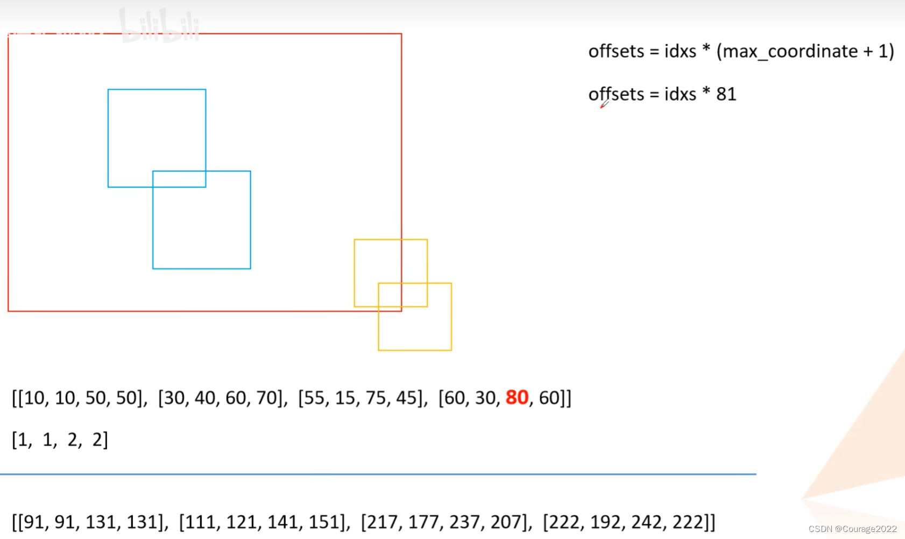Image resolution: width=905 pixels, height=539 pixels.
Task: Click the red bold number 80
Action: (x=517, y=397)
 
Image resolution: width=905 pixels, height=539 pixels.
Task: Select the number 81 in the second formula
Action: (x=726, y=94)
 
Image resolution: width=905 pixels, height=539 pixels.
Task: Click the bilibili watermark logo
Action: (x=159, y=25)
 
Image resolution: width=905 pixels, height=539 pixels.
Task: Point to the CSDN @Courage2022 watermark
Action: (x=852, y=529)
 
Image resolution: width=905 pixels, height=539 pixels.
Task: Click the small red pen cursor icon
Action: (x=604, y=104)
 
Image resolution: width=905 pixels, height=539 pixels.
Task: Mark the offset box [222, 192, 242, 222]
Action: (x=628, y=522)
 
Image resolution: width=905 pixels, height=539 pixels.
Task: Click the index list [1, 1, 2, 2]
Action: (x=60, y=440)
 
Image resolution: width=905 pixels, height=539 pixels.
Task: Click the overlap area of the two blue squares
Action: (x=179, y=179)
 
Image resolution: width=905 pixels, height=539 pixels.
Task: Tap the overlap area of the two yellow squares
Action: (x=403, y=295)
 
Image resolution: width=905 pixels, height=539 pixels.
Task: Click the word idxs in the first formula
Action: (x=680, y=51)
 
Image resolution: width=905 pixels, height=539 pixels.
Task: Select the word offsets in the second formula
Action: (x=616, y=94)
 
